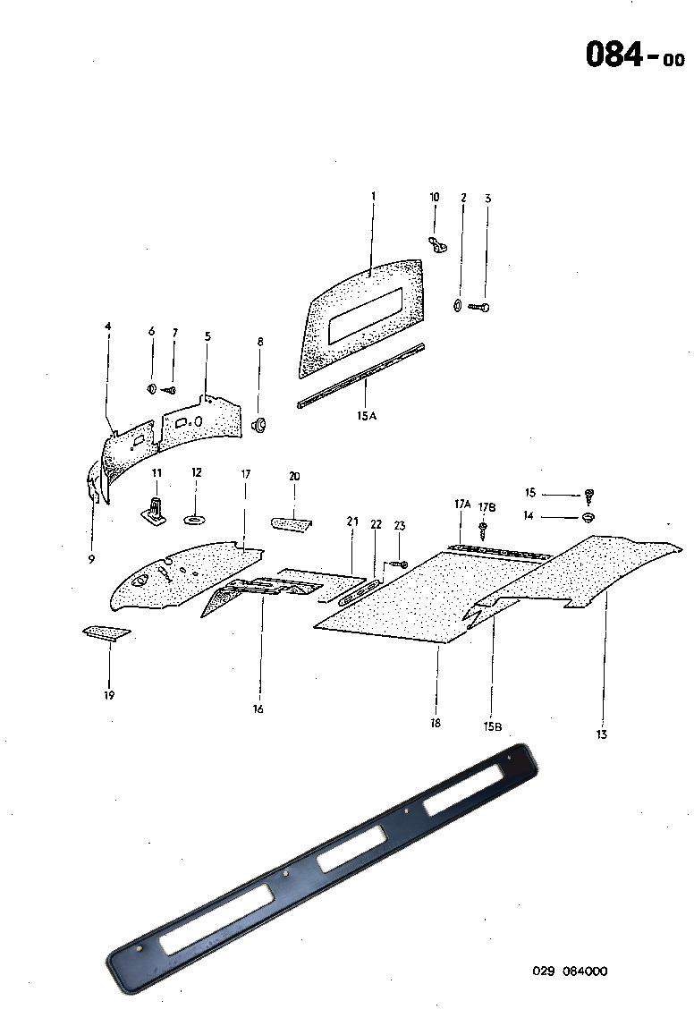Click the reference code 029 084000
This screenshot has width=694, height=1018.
point(570,971)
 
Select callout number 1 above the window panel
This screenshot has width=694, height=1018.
point(374,195)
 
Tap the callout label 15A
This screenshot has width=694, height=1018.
point(366,414)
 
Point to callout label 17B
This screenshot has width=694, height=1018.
point(486,507)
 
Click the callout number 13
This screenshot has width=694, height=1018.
point(602,734)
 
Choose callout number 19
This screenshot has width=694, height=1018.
point(110,694)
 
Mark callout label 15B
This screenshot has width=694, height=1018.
point(492,726)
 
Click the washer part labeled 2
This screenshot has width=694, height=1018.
point(458,307)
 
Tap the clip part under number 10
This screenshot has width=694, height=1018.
point(437,242)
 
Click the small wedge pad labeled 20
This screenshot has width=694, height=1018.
point(291,523)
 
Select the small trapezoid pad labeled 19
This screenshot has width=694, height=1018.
point(106,633)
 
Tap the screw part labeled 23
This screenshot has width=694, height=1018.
point(399,564)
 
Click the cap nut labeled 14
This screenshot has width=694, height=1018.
point(588,518)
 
